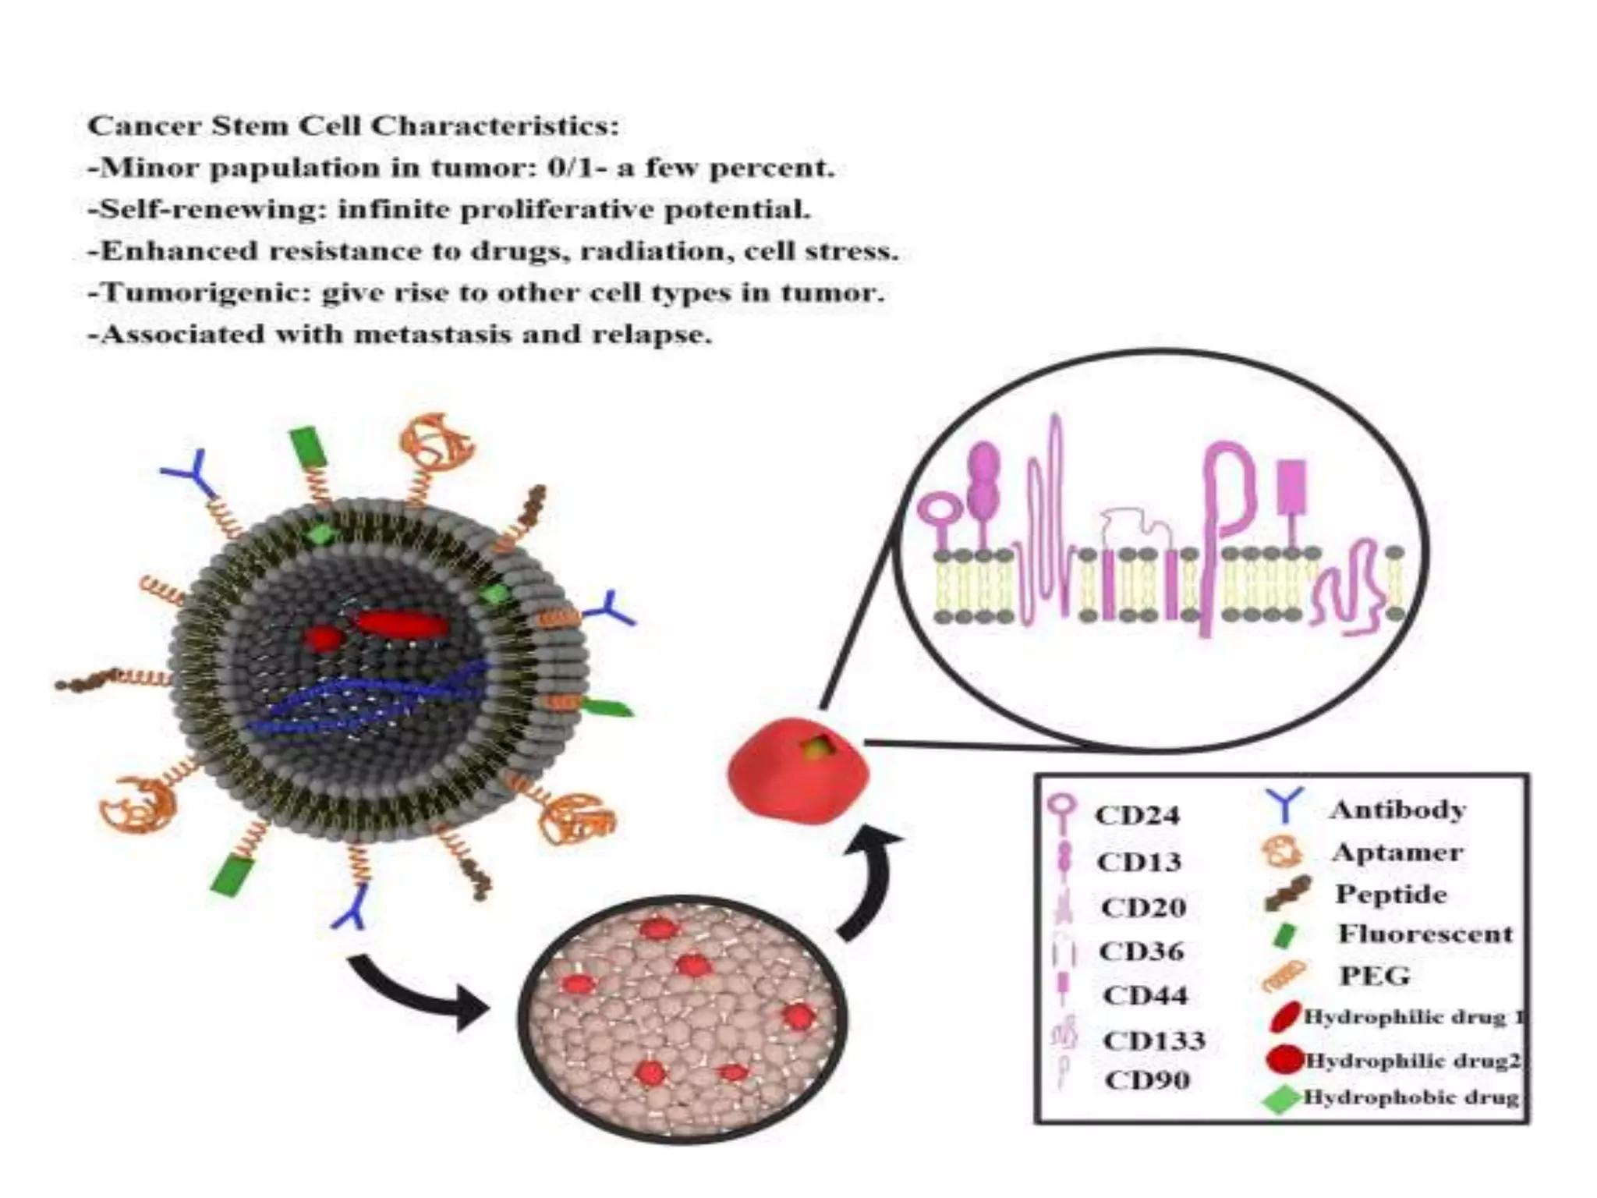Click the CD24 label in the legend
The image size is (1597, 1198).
click(x=1138, y=815)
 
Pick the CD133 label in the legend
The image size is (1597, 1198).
click(x=1154, y=1040)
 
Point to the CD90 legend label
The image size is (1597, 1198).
click(x=1147, y=1080)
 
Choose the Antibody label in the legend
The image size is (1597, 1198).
click(x=1397, y=810)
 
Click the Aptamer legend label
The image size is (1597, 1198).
click(x=1397, y=852)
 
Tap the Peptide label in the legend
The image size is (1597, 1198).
click(x=1390, y=894)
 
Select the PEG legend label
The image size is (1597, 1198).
click(x=1375, y=976)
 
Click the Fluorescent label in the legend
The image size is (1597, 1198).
click(x=1425, y=934)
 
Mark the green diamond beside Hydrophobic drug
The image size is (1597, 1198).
click(x=1280, y=1100)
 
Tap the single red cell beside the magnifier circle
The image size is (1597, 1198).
click(x=797, y=771)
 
